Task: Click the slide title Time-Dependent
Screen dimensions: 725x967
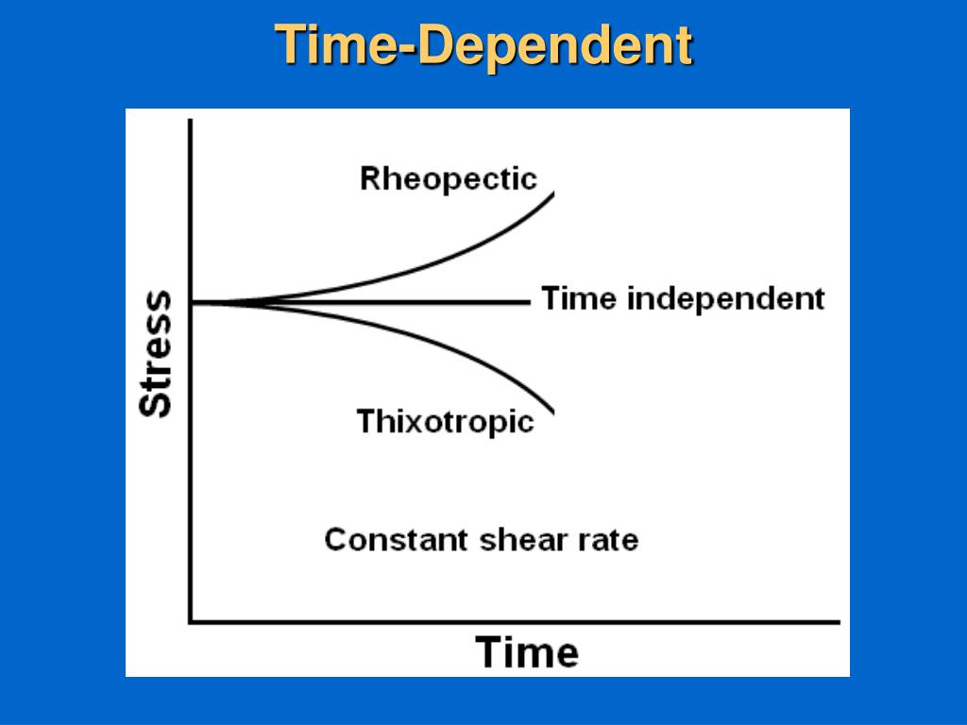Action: (x=483, y=45)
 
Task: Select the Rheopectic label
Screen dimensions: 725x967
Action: (x=448, y=178)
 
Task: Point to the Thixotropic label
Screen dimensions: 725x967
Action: (x=445, y=421)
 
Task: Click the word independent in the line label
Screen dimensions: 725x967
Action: (x=725, y=299)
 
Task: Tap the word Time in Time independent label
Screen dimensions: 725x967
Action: (x=579, y=299)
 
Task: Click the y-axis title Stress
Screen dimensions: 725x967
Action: (x=157, y=353)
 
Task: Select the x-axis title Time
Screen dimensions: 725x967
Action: (x=526, y=652)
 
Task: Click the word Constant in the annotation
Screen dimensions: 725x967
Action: (x=396, y=540)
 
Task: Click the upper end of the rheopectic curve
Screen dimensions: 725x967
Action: (x=552, y=194)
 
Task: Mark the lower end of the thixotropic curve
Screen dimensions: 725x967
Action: (x=552, y=412)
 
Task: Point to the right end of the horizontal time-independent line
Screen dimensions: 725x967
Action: (x=529, y=302)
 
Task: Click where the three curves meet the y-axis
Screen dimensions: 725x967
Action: (x=192, y=302)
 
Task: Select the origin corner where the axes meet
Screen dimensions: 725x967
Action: (x=192, y=621)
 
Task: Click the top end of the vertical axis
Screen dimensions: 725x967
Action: (x=192, y=121)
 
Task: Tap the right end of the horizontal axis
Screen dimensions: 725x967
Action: (x=838, y=621)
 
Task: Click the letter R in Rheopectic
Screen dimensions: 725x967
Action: (x=370, y=178)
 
